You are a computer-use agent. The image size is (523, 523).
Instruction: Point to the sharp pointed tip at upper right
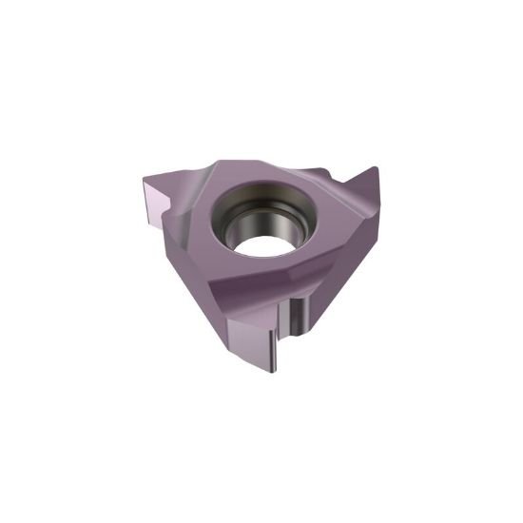click(377, 170)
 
